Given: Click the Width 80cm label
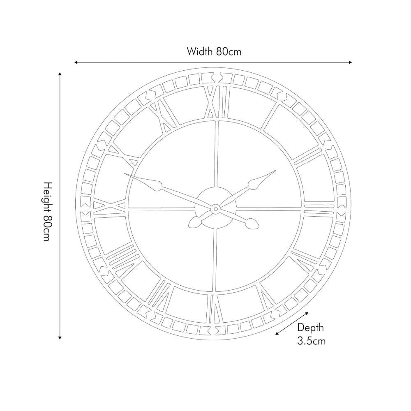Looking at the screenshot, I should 213,52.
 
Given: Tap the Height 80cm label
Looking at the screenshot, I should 48,211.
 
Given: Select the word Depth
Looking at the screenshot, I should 310,328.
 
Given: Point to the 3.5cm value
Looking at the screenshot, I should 311,341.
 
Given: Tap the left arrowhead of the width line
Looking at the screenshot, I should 76,62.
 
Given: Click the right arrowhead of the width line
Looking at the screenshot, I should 350,62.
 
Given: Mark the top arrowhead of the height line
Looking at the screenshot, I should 60,74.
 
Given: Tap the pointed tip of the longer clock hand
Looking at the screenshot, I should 125,175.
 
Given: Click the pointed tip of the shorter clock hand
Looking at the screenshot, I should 274,171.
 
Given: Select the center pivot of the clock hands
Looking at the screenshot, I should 215,210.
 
